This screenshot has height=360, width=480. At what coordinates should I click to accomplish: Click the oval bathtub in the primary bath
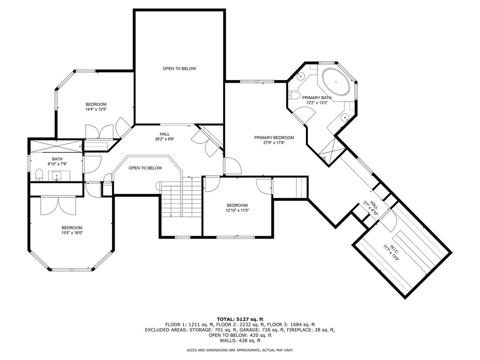[x=336, y=82]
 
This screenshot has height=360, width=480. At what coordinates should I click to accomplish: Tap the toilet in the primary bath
[x=294, y=96]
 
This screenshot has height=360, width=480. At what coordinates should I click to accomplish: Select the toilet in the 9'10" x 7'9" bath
[x=39, y=175]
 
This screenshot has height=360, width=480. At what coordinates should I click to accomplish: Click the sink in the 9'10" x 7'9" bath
[x=57, y=176]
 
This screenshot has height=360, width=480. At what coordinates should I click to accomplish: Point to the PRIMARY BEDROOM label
[x=274, y=138]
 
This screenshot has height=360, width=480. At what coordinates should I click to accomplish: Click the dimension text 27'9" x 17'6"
[x=274, y=142]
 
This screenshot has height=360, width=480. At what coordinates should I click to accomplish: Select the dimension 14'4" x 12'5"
[x=96, y=109]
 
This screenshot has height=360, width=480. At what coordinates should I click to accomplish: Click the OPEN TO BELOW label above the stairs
[x=145, y=168]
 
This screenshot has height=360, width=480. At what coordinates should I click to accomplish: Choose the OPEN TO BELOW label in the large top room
[x=179, y=68]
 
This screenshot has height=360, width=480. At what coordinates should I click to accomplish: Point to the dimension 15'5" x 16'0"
[x=72, y=232]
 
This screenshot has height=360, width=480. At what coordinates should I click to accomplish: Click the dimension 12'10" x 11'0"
[x=237, y=210]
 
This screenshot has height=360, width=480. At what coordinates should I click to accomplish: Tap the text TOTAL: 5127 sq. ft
[x=240, y=319]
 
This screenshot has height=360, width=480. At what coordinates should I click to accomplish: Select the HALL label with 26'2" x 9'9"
[x=165, y=134]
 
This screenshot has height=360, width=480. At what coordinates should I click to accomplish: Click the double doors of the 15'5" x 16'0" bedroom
[x=58, y=205]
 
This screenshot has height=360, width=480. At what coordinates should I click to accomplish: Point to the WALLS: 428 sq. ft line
[x=240, y=340]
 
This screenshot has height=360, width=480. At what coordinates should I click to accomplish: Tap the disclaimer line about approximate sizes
[x=240, y=350]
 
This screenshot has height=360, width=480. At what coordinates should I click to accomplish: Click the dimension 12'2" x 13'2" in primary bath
[x=317, y=103]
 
